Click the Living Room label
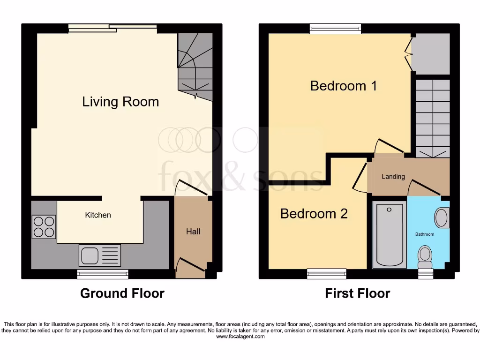pos(120,102)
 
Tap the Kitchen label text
pos(98,215)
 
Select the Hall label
pos(193,232)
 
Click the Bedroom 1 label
pos(344,86)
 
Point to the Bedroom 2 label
pos(314,214)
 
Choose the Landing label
pos(393,177)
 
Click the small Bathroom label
pos(425,234)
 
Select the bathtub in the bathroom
pos(389,234)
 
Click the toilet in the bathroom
pos(425,255)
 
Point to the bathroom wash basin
pos(441,218)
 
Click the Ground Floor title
pos(122,293)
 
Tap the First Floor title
pos(357,293)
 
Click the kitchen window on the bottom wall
pos(103,274)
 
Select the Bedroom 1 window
pos(336,29)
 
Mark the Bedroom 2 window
pos(327,274)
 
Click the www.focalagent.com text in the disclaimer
pos(240,337)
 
